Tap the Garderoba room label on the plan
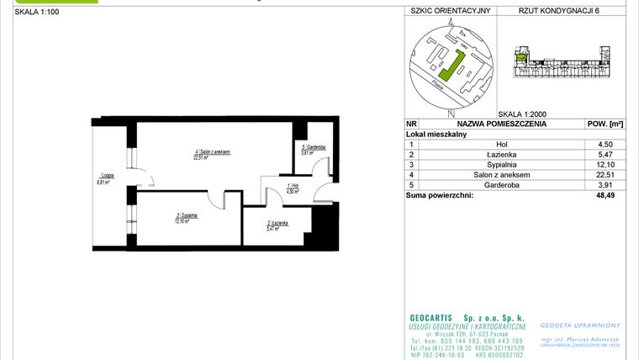coord(308,149)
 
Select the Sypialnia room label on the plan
coord(187,217)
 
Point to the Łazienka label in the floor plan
coord(278,224)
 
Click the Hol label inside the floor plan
coord(293,188)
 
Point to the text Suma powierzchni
coord(439,195)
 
